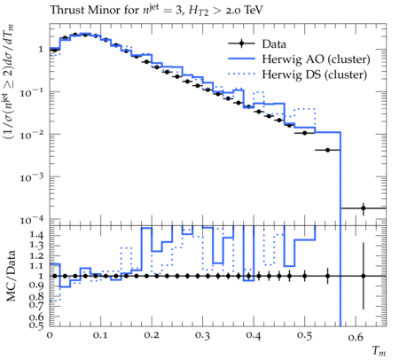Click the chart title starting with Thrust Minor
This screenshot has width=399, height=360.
pos(156,11)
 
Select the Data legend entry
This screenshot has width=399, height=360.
pos(274,44)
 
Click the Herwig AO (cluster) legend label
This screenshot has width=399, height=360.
pos(316,59)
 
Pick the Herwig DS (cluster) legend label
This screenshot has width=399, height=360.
pos(315,74)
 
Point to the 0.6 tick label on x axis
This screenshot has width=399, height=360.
pos(356,337)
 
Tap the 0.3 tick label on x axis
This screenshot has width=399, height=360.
pos(202,335)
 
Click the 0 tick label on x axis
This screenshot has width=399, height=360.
pos(50,335)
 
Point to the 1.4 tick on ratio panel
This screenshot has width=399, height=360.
pos(36,235)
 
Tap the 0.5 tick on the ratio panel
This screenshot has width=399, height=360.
pos(36,325)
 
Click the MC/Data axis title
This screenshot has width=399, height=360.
pos(11,276)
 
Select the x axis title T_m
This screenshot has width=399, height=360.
pos(379,351)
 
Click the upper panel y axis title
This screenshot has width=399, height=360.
pos(9,82)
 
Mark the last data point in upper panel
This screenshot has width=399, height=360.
pos(364,208)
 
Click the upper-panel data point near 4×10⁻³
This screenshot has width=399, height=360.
pos(327,150)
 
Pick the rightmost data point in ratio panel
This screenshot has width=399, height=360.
pos(364,276)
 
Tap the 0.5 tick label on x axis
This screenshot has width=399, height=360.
pos(304,335)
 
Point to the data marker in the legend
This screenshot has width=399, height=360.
pos(241,44)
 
